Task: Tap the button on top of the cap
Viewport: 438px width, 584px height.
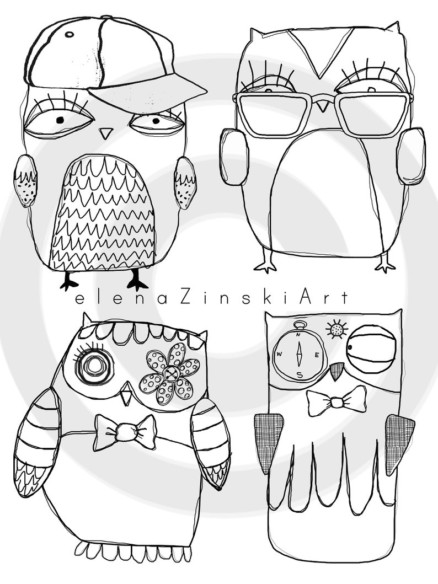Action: click(70, 34)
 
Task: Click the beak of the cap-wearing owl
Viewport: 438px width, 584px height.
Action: click(105, 133)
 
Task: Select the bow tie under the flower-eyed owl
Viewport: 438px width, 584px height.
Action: click(125, 431)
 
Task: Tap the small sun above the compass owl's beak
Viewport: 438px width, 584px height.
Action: click(335, 330)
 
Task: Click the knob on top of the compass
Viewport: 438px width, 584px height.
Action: click(298, 324)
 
